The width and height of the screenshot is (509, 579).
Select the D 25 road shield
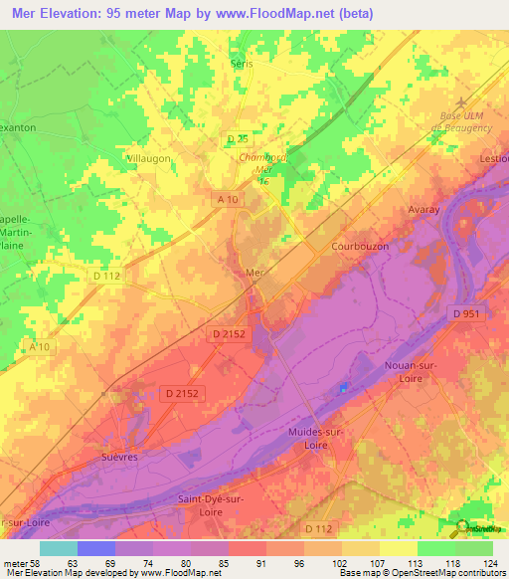(236, 138)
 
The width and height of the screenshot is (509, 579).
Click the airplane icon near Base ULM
(459, 102)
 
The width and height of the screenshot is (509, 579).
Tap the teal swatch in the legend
(58, 548)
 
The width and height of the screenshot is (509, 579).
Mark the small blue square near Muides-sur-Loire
(345, 387)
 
